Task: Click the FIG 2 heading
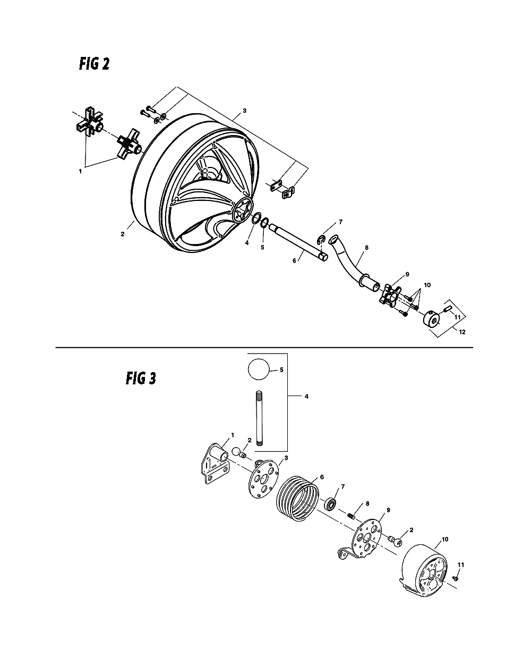pos(95,64)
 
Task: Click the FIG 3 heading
pos(141,378)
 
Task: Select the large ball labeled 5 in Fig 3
pos(259,368)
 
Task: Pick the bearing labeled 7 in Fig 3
pos(332,502)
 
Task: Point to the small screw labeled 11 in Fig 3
pos(456,577)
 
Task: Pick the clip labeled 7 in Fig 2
pos(322,240)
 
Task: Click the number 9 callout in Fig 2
pos(407,274)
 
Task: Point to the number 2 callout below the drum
pos(123,234)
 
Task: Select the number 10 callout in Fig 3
pos(444,539)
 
